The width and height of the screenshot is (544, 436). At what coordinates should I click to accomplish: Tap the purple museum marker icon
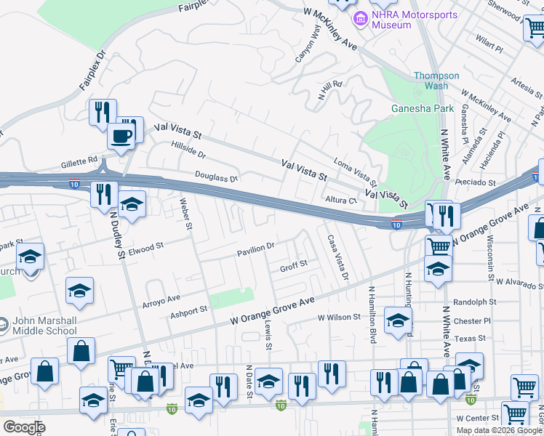359,17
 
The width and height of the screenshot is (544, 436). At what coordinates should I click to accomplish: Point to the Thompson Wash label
436,81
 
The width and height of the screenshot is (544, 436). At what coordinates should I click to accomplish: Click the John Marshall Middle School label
44,326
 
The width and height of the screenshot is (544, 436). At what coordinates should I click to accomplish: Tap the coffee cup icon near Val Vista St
120,136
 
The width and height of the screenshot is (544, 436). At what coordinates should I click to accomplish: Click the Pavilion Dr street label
255,249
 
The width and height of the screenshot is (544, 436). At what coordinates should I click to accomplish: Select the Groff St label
294,266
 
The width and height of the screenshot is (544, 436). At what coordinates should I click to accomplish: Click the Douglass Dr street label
216,177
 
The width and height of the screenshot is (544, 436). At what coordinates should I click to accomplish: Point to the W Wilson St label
339,317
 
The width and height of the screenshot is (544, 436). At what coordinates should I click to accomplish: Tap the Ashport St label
189,310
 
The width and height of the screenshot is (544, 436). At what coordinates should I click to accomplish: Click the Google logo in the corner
24,427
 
